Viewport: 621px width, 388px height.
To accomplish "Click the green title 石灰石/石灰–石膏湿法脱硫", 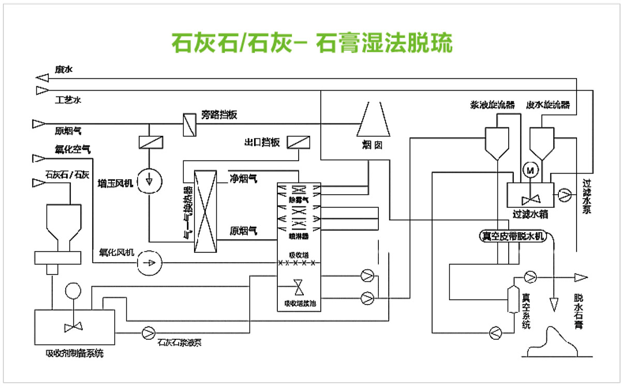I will tap(312, 44).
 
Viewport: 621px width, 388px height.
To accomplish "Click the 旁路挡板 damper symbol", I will tap(188, 125).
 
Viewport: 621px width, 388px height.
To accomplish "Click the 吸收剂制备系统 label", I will tap(75, 354).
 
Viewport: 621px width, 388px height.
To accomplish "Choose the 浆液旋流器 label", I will tap(493, 104).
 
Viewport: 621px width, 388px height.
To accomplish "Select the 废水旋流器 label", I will tap(548, 104).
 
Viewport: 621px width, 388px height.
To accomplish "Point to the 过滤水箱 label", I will tap(530, 213).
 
